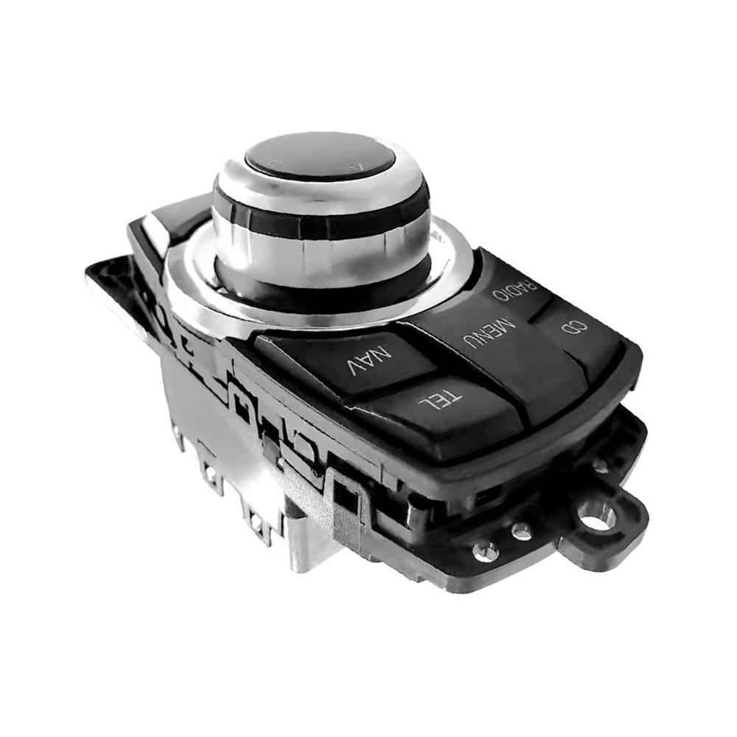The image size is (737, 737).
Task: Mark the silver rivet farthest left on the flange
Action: click(486, 549)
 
